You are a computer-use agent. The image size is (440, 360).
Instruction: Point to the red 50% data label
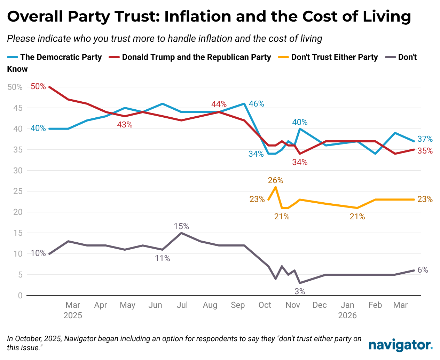tap(38, 86)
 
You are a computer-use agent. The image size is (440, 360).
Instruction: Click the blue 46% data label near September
tap(257, 104)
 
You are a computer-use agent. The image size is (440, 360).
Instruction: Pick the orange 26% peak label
tap(275, 180)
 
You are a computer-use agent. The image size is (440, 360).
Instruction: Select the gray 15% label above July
tap(181, 227)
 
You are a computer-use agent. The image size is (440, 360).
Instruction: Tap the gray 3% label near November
tap(300, 291)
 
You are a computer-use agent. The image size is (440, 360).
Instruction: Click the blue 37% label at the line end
tap(425, 139)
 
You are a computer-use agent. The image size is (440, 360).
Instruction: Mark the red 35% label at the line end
tap(425, 151)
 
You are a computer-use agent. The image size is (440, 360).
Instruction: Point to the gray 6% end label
tap(423, 270)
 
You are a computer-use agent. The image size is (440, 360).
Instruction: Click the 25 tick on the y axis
tap(18, 191)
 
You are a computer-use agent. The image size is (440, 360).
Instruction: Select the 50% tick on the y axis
tap(15, 87)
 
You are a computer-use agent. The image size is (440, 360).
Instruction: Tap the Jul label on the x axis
tap(182, 305)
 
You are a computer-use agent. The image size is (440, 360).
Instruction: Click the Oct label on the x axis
tap(265, 305)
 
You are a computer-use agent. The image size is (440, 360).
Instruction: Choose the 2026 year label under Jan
tap(347, 315)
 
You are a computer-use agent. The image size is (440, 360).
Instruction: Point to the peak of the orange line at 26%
tap(276, 187)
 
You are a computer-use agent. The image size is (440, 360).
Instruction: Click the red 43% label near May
tap(125, 125)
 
